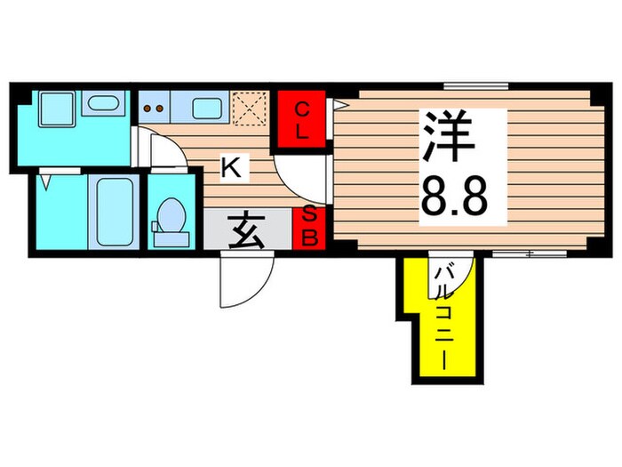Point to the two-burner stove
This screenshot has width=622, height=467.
pyautogui.click(x=155, y=109)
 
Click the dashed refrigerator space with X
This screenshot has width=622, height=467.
pyautogui.click(x=250, y=109)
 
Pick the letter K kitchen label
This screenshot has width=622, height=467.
pyautogui.click(x=229, y=167)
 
